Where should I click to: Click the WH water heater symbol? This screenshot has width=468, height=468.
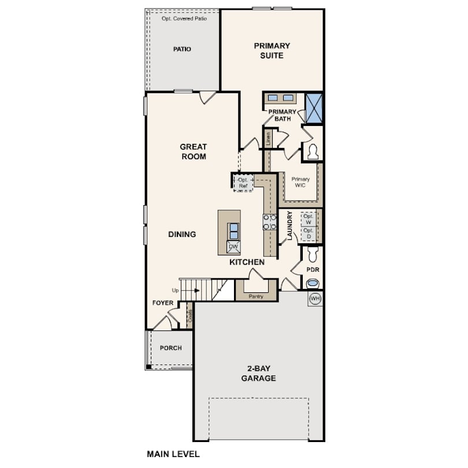point(315,299)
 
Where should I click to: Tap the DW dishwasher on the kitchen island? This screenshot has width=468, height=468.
point(233,247)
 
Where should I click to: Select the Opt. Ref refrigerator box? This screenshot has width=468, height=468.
point(243,183)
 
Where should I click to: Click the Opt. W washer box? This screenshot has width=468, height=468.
point(309,220)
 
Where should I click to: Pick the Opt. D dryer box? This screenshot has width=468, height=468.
point(309,233)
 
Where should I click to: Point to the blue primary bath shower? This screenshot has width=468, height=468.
point(314,108)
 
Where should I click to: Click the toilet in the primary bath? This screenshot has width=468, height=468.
point(313,151)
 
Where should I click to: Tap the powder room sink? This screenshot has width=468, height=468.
point(313,283)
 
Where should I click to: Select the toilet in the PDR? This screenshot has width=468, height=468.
point(313,254)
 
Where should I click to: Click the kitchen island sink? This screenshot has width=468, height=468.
point(233,231)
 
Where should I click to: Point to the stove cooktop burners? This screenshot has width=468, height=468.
point(269,222)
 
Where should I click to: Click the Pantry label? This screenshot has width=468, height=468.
point(256,296)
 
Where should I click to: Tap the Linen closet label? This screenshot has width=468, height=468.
point(268,139)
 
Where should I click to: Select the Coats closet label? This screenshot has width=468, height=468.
point(190,316)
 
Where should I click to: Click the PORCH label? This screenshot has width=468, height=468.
point(170,348)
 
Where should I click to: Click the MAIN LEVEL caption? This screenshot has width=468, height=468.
point(173,454)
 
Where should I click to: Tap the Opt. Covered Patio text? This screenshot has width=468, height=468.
point(184,18)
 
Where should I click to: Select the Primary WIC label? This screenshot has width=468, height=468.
point(300,182)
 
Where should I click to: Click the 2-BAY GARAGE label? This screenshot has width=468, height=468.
point(258,373)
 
